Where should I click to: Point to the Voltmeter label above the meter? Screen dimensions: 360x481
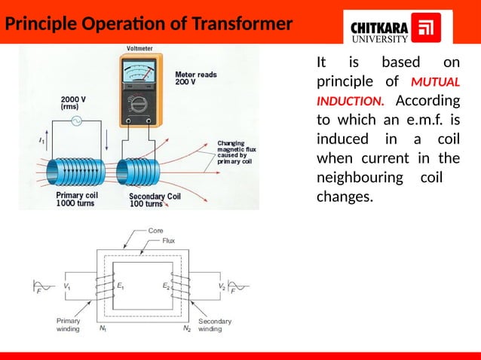point(136,49)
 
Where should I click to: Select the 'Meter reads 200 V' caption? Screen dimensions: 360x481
point(195,78)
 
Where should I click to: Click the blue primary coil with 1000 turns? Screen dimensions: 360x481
point(76,172)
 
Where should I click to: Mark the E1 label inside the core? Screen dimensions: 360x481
point(121,286)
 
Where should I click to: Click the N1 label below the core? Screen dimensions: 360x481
point(103,328)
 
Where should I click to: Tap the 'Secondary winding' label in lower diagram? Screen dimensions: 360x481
point(214,325)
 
